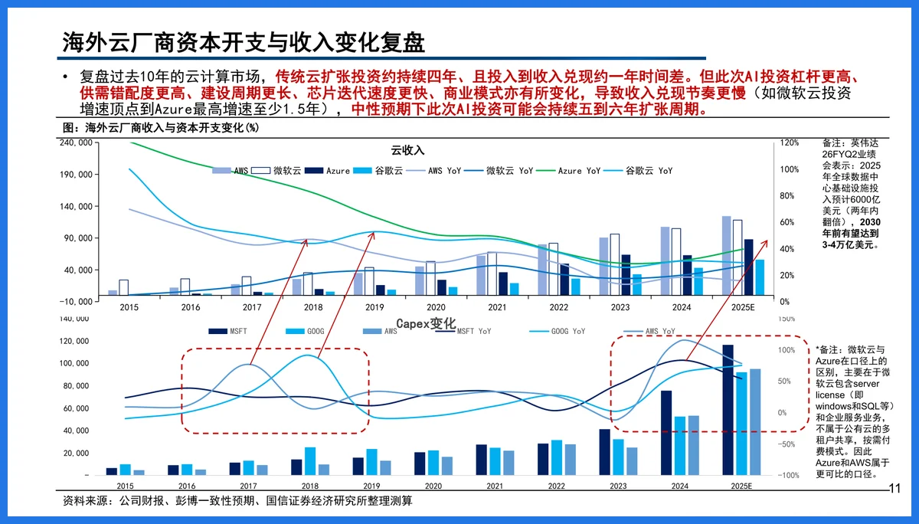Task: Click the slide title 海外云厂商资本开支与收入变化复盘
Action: (x=244, y=42)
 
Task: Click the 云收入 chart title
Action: (x=407, y=149)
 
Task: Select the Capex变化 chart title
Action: (x=426, y=323)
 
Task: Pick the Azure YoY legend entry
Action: (x=579, y=171)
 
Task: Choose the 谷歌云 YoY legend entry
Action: (x=649, y=171)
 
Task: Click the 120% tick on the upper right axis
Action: (x=790, y=142)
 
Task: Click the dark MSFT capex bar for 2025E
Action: (x=728, y=410)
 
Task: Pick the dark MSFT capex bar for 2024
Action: (x=666, y=433)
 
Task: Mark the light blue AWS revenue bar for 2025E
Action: (x=726, y=255)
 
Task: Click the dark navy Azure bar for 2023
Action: (x=626, y=274)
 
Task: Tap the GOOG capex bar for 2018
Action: (x=310, y=461)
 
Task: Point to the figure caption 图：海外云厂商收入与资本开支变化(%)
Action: (x=160, y=127)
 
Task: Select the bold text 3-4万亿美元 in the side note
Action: (x=851, y=245)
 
